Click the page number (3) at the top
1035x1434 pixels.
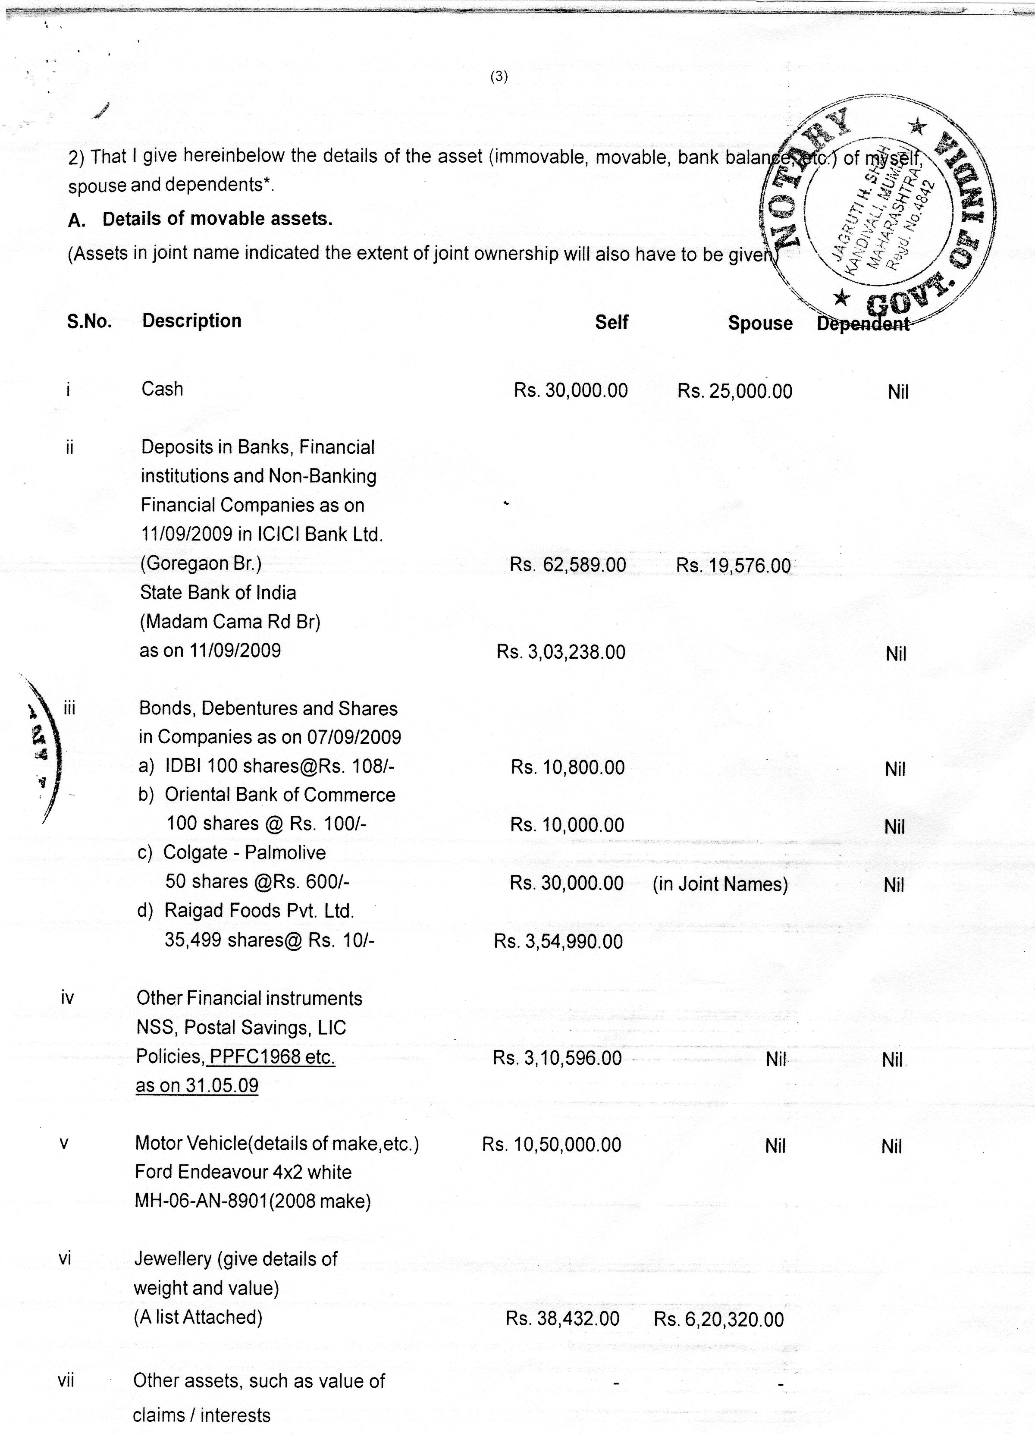point(499,77)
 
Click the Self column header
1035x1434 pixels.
point(611,322)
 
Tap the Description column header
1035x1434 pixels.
point(191,321)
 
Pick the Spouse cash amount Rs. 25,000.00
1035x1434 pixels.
point(734,391)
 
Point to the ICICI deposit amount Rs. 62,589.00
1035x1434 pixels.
point(568,565)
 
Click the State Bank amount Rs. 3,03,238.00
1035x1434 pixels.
point(561,652)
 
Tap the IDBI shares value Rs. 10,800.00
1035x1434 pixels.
point(568,767)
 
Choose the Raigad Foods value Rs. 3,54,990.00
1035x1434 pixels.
point(558,941)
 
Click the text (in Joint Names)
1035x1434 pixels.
point(720,884)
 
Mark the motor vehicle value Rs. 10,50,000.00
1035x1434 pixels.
point(551,1145)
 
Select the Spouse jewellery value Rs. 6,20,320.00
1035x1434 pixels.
point(718,1320)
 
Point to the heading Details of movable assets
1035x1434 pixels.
point(217,219)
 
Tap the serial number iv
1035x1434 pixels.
point(67,998)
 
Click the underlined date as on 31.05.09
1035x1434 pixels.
point(197,1085)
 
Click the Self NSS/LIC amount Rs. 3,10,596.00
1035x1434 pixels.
point(557,1058)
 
